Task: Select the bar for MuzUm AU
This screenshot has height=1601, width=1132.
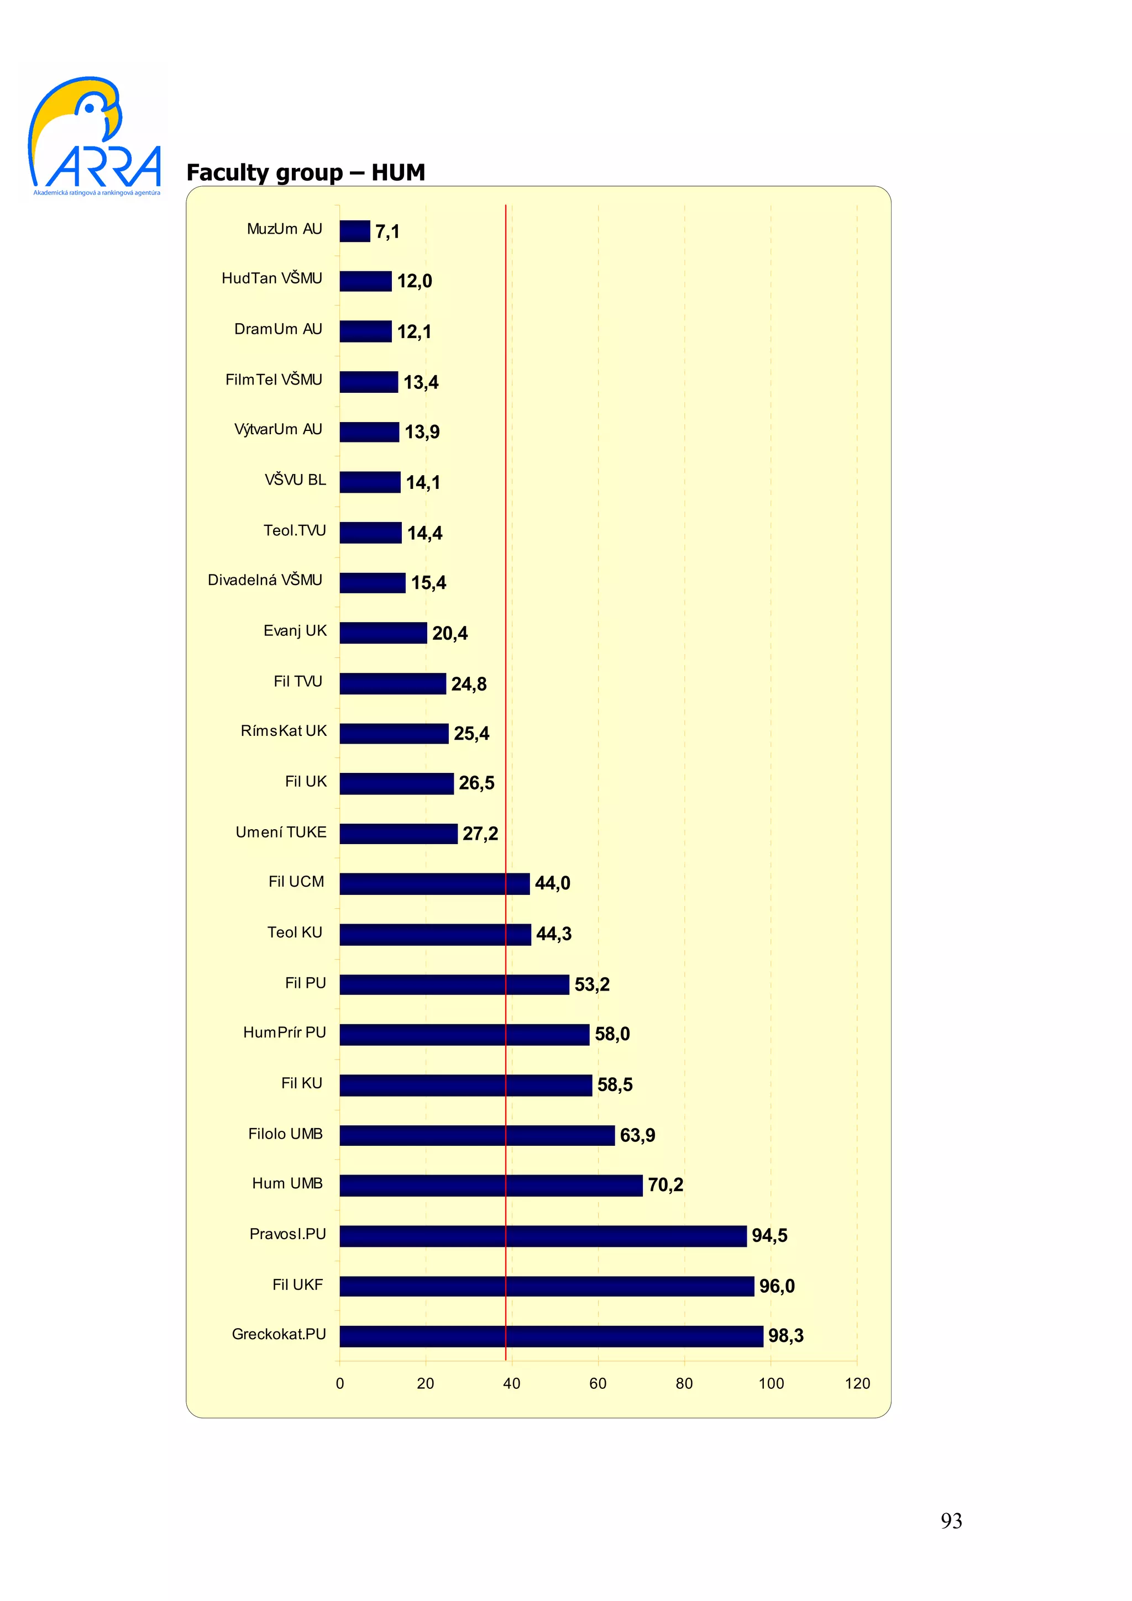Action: click(354, 231)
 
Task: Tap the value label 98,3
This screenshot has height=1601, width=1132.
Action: click(785, 1335)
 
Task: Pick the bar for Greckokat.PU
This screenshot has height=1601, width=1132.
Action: click(551, 1336)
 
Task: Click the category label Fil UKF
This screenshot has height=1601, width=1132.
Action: click(297, 1284)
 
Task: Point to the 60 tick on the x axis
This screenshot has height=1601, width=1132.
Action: click(598, 1383)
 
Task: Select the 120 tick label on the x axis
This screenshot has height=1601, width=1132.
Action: click(857, 1383)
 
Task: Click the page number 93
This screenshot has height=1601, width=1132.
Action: click(951, 1521)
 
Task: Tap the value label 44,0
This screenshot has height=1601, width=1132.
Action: click(552, 883)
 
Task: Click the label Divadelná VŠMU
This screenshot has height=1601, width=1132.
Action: click(265, 580)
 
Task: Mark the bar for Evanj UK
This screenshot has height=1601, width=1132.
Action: click(383, 633)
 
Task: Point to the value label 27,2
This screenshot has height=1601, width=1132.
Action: click(480, 833)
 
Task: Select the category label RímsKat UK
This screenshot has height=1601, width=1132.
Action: click(283, 731)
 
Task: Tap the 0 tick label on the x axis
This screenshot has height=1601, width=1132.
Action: click(340, 1383)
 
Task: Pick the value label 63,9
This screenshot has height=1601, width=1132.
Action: click(637, 1135)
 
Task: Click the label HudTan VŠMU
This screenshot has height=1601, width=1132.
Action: click(272, 278)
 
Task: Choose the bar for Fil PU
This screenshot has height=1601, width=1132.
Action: click(454, 984)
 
